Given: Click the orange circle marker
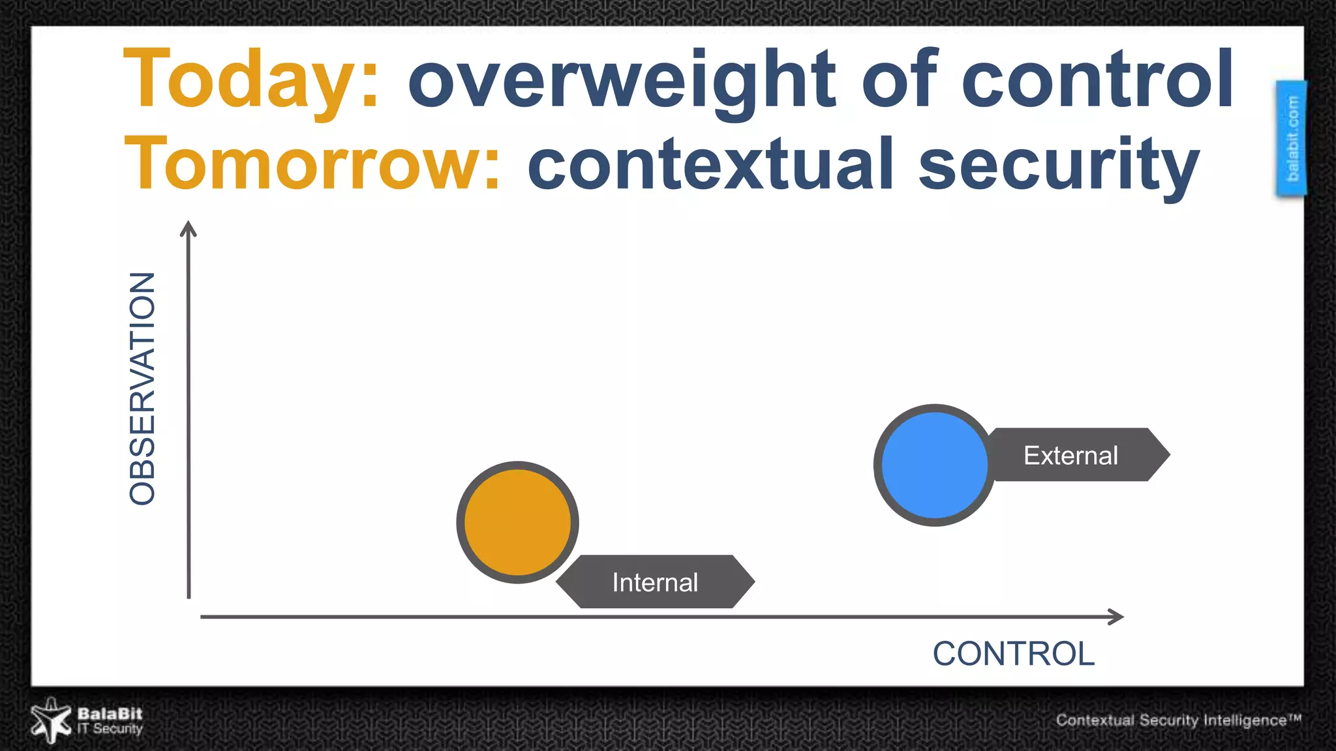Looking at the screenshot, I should tap(517, 522).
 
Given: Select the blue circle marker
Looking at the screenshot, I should tap(934, 465).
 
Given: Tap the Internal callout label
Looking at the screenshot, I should tap(655, 582).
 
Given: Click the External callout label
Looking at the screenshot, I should tap(1071, 455).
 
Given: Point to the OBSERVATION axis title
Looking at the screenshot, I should tap(142, 389).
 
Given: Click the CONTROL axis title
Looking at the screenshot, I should tap(1013, 654).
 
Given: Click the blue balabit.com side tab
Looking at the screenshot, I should tap(1292, 138).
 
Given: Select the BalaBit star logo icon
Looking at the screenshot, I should tap(51, 721).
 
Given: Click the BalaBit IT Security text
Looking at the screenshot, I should tap(110, 721).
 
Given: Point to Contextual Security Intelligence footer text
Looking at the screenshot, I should tap(1171, 720).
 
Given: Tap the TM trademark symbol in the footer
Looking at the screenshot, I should tap(1295, 717).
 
